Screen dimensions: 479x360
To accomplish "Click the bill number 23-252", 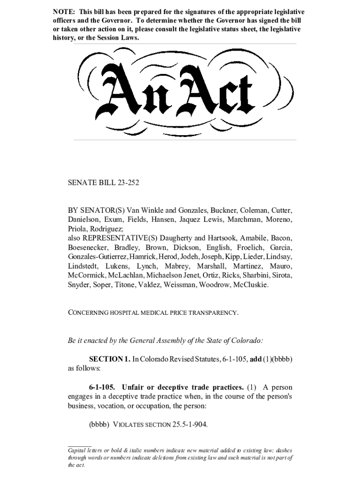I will point(126,183).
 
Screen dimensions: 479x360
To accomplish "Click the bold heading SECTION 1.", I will point(110,359).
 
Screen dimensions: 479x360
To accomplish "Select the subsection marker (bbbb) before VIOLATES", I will point(99,425).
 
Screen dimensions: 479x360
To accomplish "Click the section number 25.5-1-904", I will point(190,425).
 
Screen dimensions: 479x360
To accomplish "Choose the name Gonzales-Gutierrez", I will point(96,257).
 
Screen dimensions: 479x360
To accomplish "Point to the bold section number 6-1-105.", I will point(103,387).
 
